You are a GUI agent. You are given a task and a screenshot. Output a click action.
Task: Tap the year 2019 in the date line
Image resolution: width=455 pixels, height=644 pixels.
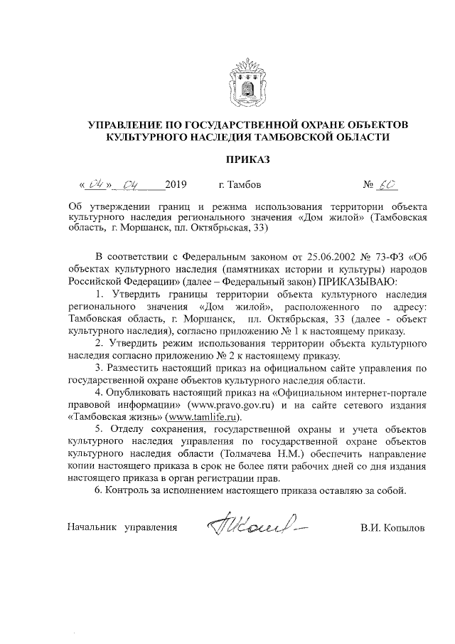pos(175,186)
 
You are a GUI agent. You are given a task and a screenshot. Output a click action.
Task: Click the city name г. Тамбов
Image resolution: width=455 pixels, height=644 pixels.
pos(240,186)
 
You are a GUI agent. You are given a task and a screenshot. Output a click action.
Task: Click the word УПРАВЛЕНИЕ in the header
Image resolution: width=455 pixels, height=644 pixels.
pos(127,125)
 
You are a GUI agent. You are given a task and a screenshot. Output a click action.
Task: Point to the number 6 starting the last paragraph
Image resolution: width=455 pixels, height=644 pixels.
pos(97,490)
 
